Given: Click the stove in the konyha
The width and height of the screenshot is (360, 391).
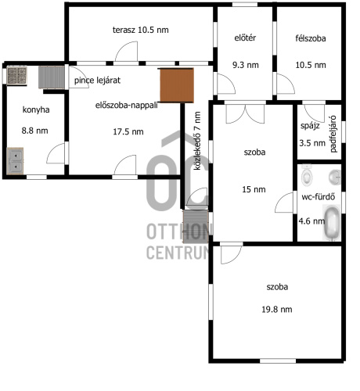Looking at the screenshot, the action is [x=17, y=76].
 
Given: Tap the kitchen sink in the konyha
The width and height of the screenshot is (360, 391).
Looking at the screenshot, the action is [x=15, y=161].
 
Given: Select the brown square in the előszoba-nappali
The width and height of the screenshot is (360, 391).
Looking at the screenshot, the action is [x=177, y=85].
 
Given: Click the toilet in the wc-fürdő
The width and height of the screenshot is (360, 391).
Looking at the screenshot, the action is [x=307, y=175].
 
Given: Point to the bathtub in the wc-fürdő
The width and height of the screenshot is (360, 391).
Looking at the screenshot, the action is [x=332, y=222].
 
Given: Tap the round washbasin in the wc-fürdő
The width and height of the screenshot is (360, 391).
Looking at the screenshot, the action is [x=335, y=177].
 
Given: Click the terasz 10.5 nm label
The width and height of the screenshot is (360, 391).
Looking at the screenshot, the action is [x=140, y=30].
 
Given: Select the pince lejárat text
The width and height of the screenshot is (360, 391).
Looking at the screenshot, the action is [x=97, y=81].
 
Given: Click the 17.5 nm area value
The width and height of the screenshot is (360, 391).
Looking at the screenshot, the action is [x=128, y=131].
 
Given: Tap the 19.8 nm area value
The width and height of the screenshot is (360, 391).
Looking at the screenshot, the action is [x=277, y=310].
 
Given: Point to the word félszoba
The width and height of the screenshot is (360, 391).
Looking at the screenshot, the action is [x=311, y=38].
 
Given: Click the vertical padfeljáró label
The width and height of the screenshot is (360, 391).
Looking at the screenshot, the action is [x=333, y=134].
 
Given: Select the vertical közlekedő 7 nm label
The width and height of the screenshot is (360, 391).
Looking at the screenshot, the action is [x=197, y=141].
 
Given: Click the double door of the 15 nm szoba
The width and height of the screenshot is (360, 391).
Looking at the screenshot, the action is [x=245, y=114].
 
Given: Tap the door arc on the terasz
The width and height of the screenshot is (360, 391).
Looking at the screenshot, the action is [x=126, y=51].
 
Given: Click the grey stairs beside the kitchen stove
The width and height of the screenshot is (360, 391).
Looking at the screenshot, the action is [x=52, y=77].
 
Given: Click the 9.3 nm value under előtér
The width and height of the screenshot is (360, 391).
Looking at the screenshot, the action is [x=246, y=65].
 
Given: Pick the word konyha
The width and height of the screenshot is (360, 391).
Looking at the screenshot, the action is [x=36, y=109].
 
